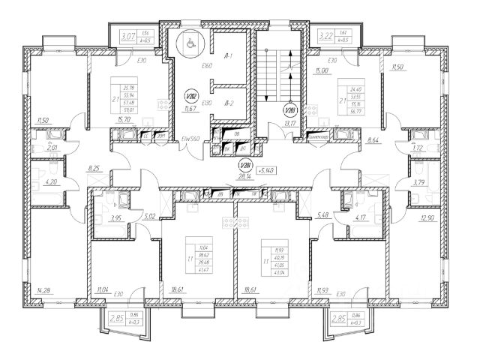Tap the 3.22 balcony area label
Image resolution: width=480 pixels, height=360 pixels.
click(x=325, y=36)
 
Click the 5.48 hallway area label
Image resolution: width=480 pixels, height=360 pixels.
click(x=324, y=216)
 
